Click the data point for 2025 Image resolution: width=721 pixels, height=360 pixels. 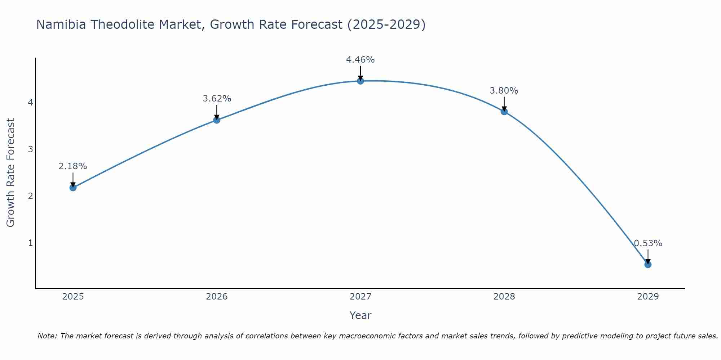click(x=73, y=188)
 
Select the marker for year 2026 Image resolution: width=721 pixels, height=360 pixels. click(x=217, y=120)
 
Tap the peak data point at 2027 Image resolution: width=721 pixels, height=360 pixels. click(x=360, y=81)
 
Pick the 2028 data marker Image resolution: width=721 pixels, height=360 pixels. click(x=504, y=112)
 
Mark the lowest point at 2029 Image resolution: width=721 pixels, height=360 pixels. click(x=648, y=265)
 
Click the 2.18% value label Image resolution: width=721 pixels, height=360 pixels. click(x=73, y=166)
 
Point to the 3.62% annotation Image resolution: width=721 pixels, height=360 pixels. click(x=217, y=99)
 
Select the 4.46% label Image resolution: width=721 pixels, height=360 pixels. click(x=360, y=60)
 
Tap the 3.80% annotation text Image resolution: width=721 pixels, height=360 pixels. click(x=504, y=91)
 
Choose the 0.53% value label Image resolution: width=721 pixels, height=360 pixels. click(x=648, y=243)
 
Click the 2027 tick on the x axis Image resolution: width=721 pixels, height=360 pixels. click(x=360, y=297)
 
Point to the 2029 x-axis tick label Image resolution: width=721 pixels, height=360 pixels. click(x=648, y=297)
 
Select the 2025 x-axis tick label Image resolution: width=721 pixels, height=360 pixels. click(x=73, y=297)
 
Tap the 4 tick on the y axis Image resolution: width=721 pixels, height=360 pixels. click(x=30, y=103)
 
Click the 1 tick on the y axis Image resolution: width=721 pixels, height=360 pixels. click(x=30, y=243)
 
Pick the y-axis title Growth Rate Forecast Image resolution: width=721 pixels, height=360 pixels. click(x=11, y=173)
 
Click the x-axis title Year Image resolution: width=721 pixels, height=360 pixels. click(x=360, y=316)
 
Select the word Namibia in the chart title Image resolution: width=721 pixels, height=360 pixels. click(x=61, y=24)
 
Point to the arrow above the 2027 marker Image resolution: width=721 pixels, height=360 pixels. click(x=360, y=72)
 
